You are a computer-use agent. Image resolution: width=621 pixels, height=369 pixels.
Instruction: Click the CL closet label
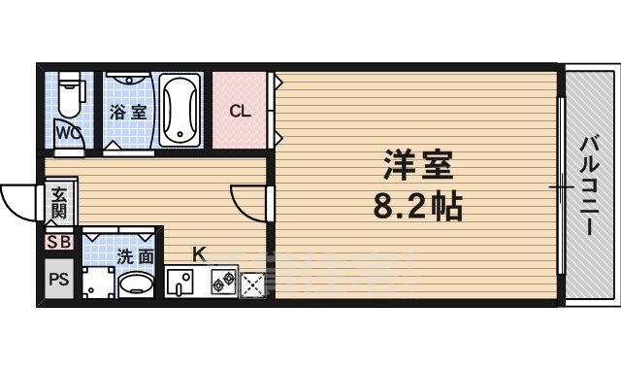(240, 111)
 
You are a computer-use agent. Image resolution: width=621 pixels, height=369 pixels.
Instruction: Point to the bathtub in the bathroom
(180, 109)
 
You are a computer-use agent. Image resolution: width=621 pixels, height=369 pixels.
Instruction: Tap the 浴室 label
(128, 112)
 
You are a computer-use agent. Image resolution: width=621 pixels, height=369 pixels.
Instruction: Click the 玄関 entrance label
(60, 202)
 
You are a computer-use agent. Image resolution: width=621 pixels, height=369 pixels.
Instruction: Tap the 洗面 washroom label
(135, 257)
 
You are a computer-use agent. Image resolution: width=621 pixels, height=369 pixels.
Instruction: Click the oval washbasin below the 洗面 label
(135, 285)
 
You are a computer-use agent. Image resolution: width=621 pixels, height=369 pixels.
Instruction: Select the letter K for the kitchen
(198, 254)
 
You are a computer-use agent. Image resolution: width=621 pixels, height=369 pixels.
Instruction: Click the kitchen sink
(181, 283)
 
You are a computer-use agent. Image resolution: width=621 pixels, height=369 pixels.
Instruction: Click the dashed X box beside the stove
(251, 284)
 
